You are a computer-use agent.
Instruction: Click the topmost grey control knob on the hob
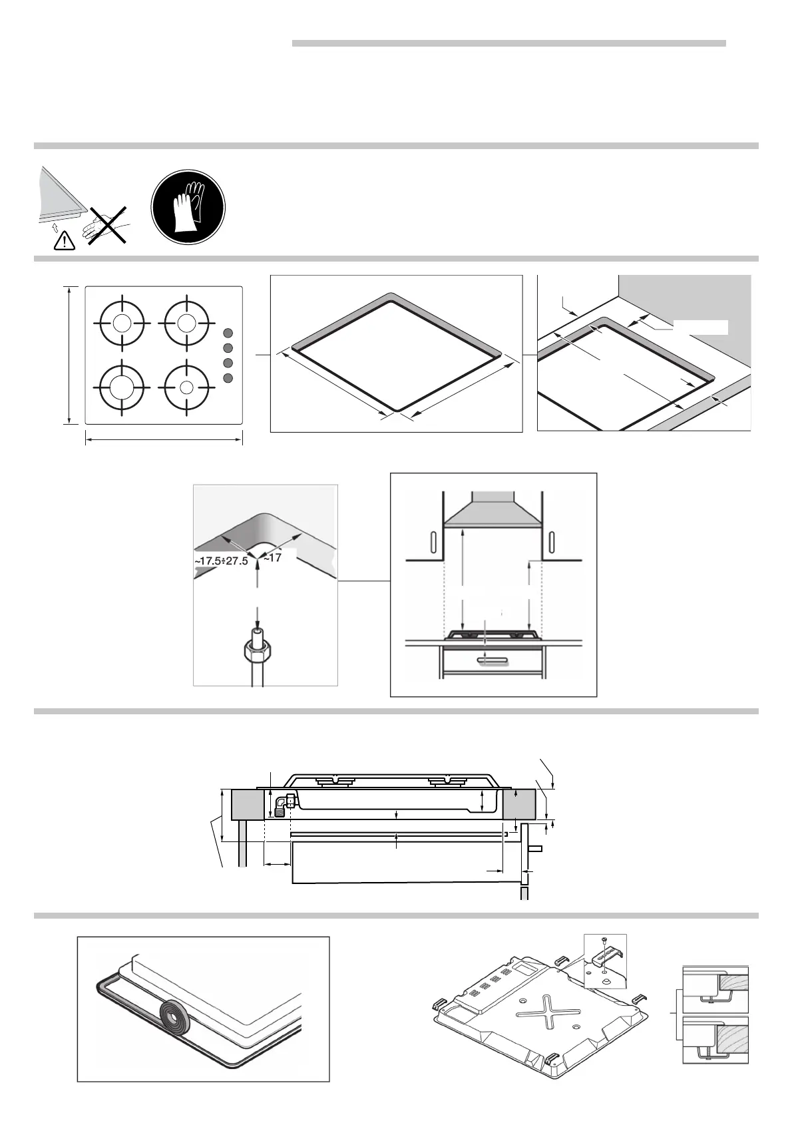pos(228,333)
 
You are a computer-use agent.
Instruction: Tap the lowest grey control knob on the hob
pos(228,378)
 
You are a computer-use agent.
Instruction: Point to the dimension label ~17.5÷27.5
pos(221,561)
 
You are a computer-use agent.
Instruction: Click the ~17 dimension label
pos(273,559)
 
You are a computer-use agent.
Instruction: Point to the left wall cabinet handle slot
pos(433,545)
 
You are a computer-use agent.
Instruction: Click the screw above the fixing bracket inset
pos(603,941)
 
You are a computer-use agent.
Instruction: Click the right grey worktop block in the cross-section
pos(519,804)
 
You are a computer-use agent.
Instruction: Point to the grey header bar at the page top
pos(508,43)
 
